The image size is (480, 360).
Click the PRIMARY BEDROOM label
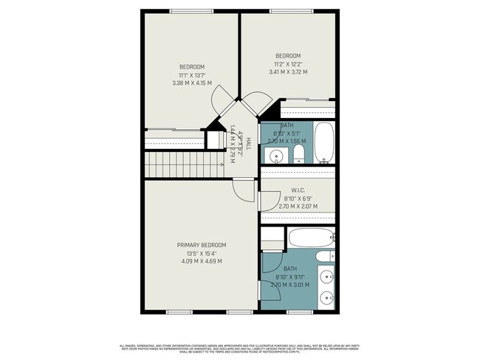click(x=201, y=245)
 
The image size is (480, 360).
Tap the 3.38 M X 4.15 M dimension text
click(x=191, y=83)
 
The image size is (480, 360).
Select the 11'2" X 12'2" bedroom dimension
click(x=288, y=64)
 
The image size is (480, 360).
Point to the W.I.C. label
click(x=298, y=190)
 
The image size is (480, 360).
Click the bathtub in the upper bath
click(x=324, y=142)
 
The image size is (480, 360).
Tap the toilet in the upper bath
click(x=298, y=153)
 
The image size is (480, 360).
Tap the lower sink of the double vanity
click(x=328, y=300)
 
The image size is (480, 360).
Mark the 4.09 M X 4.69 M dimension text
click(x=201, y=261)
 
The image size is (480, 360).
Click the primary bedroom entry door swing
click(x=244, y=190)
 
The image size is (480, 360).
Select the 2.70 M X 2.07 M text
click(x=298, y=207)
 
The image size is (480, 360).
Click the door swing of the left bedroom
click(x=222, y=100)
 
